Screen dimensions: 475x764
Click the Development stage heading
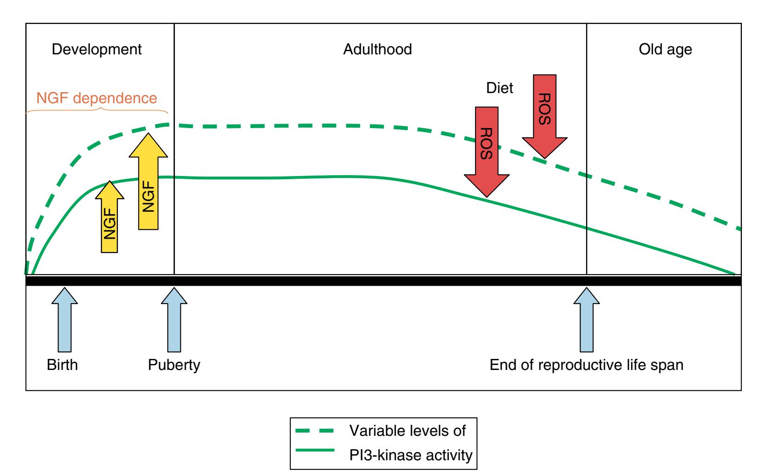(x=97, y=49)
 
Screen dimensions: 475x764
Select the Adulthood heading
(x=377, y=49)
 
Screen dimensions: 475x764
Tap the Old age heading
(x=665, y=49)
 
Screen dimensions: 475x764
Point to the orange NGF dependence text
(x=97, y=98)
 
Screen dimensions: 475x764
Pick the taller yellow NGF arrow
(x=148, y=182)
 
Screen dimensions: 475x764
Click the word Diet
(x=499, y=88)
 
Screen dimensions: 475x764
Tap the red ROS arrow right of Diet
(x=545, y=115)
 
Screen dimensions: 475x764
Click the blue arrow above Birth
(x=64, y=320)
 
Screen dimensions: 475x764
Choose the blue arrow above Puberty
(x=174, y=320)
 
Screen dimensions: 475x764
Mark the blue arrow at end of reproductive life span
(x=586, y=320)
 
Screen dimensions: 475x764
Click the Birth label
(x=63, y=365)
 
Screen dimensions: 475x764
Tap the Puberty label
(x=174, y=365)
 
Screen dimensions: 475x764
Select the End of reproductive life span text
(x=586, y=365)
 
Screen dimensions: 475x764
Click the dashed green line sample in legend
(x=314, y=431)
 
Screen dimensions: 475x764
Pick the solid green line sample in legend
(x=314, y=455)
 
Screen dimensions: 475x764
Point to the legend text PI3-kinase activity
(x=411, y=456)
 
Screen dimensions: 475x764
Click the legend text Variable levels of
(x=408, y=431)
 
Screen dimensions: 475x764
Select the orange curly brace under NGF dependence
(x=97, y=111)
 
